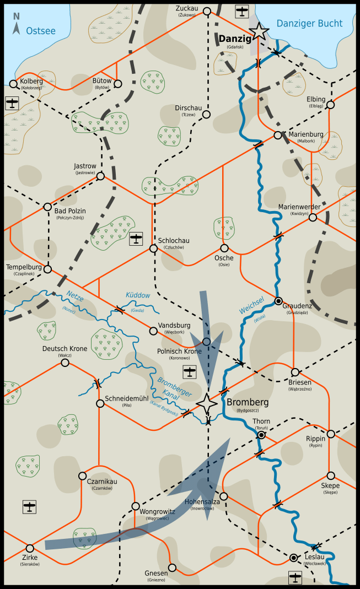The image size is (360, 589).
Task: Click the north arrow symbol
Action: pos(17,25)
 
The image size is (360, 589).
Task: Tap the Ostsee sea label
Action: pos(40,31)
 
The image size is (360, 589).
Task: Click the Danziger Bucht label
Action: pos(309,23)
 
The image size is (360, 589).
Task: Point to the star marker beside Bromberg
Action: pos(207,404)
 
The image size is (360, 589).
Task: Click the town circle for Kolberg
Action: pos(13,84)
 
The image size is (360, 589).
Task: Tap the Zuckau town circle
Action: pos(207,11)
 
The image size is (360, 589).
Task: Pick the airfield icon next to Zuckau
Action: pos(241,11)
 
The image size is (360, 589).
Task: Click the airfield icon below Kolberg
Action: pos(12,103)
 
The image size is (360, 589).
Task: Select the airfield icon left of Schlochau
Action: pos(136,239)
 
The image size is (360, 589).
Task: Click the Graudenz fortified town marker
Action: pos(279,301)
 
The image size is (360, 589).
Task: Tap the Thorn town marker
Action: pos(261,435)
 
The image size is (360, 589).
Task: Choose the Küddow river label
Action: pos(137,296)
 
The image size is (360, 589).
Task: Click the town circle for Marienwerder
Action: pos(313,217)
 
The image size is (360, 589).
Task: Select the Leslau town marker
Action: pos(294,558)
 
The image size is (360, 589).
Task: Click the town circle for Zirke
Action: pos(30,548)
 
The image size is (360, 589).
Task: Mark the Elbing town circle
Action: pos(330,105)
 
